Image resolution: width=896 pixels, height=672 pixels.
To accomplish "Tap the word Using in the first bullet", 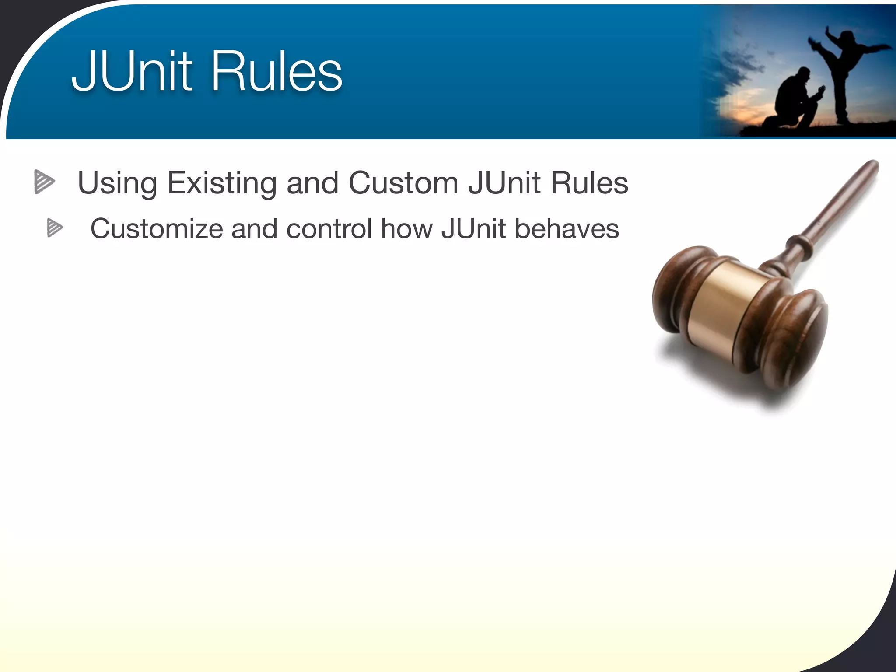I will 117,183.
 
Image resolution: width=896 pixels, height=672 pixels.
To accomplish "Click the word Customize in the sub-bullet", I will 156,229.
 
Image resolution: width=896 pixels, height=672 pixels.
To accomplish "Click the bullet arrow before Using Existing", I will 44,181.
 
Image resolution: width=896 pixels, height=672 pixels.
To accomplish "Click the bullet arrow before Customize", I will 55,228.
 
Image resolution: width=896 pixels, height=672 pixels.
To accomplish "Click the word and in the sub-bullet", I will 254,228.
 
